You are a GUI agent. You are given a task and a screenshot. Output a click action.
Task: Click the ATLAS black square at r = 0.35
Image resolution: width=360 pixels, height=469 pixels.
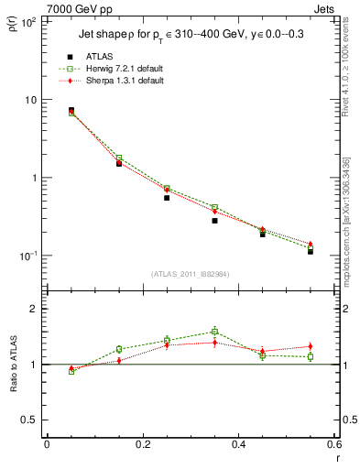click(214, 221)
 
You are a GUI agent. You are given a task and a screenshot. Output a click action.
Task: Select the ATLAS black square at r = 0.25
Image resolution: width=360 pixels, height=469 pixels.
click(167, 198)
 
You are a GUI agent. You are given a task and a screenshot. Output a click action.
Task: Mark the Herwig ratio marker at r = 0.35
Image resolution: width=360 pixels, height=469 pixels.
click(214, 332)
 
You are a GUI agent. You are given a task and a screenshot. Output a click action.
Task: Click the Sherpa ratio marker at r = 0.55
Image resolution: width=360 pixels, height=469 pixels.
click(311, 346)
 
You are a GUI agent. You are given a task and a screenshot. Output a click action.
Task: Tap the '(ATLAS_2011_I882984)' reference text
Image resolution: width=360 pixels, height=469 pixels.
click(190, 274)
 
